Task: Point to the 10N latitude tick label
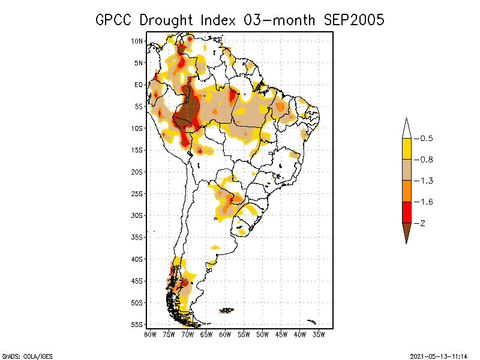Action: pos(137,41)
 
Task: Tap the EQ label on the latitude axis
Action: pos(138,85)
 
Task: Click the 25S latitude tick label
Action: pos(137,193)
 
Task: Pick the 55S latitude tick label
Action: pos(137,325)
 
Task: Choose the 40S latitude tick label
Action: pos(137,259)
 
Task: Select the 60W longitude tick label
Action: pos(225,334)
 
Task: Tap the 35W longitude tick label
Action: pos(319,334)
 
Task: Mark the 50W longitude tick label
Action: pos(262,334)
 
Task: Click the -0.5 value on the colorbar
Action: pos(425,139)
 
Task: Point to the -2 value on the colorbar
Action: pos(422,223)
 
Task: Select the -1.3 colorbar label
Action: pos(425,181)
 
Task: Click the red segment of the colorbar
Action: pos(406,212)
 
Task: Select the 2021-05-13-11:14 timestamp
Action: pos(438,355)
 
